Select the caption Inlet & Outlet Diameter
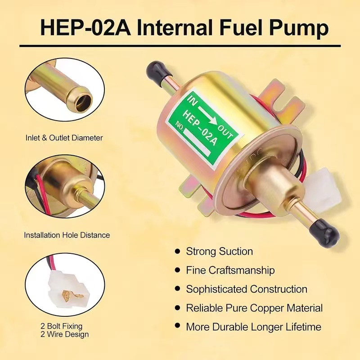pos(63,138)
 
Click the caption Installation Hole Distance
pos(67,235)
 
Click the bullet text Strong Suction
pos(220,251)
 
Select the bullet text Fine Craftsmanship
pos(230,270)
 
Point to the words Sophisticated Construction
pos(247,289)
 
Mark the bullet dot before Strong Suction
pos(178,252)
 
